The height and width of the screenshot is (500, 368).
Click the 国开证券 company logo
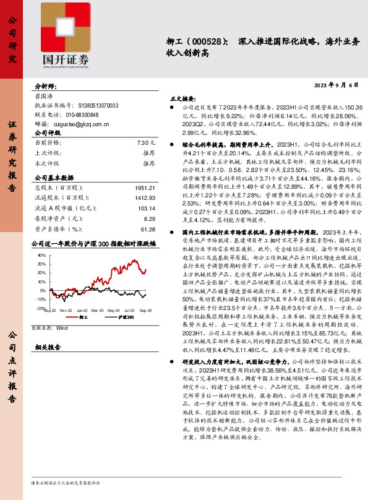tap(66, 34)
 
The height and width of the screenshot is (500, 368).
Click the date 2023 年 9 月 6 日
tap(336, 85)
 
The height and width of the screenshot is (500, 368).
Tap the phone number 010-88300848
tap(73, 115)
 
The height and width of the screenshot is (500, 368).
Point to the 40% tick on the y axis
tap(41, 264)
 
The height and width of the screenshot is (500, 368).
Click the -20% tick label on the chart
tap(41, 308)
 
